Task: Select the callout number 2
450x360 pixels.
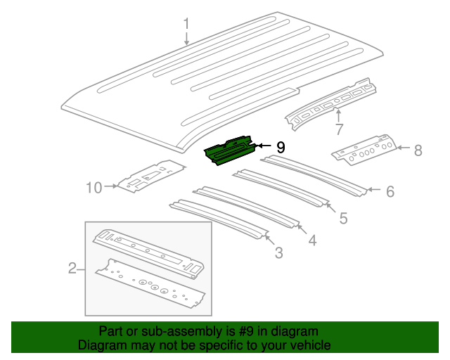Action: click(x=72, y=268)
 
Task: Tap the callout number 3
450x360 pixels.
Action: click(x=278, y=252)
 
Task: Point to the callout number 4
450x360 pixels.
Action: click(x=311, y=240)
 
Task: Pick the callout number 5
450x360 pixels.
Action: click(x=343, y=219)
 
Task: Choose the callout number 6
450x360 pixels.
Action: click(x=390, y=191)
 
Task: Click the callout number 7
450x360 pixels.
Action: click(x=338, y=129)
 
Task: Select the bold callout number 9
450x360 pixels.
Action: click(x=281, y=147)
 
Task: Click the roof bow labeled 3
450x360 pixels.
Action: click(x=219, y=218)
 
